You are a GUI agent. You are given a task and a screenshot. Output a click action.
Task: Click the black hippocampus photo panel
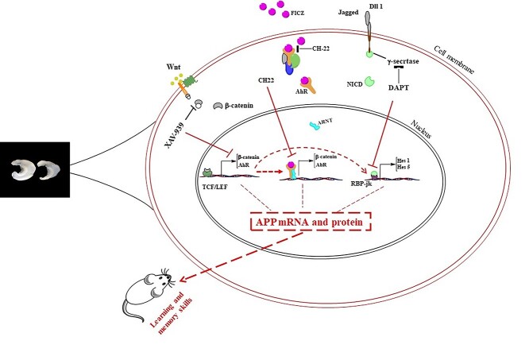coord(35,168)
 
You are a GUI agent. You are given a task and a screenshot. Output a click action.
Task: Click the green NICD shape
coord(371,82)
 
